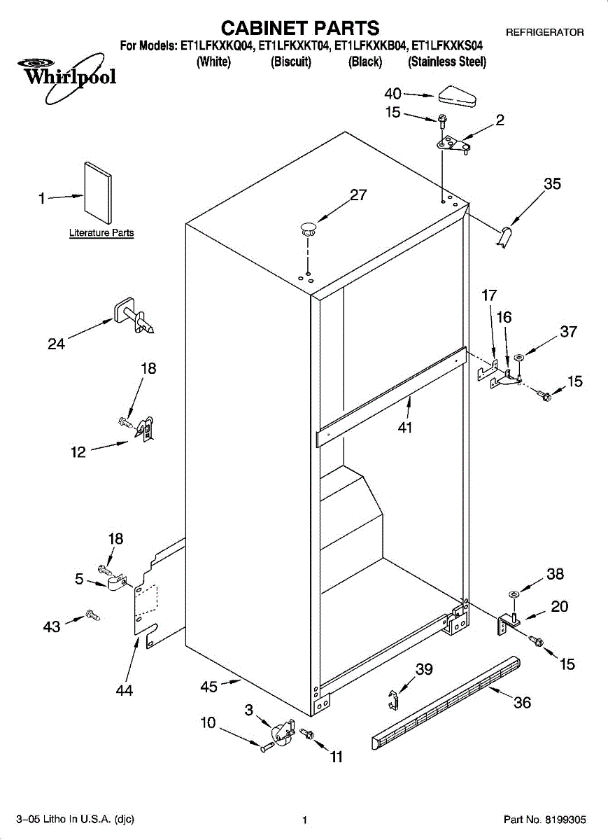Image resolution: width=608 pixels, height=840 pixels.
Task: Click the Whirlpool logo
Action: pos(66,78)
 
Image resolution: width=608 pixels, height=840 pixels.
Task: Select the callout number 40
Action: pos(393,94)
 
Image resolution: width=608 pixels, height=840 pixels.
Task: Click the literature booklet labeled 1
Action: pos(98,192)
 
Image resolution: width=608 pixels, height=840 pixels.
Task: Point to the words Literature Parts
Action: pos(101,233)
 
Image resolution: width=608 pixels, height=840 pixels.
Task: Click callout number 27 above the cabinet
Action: pos(358,195)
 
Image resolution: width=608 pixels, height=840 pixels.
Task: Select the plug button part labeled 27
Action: pos(308,229)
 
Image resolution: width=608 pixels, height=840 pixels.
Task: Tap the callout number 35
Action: pos(553,183)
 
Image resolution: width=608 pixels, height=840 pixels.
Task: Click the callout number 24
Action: pos(56,344)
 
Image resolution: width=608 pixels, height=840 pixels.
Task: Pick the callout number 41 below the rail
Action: pos(405,427)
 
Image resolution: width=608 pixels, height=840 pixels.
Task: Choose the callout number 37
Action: pos(569,332)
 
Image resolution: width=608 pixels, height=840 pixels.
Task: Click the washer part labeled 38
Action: pos(513,594)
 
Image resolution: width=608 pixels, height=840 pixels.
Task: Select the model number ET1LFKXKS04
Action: pos(447,45)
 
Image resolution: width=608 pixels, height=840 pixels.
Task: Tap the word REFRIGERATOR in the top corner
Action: pos(545,33)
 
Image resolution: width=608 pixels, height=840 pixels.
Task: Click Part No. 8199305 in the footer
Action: pos(544,820)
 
